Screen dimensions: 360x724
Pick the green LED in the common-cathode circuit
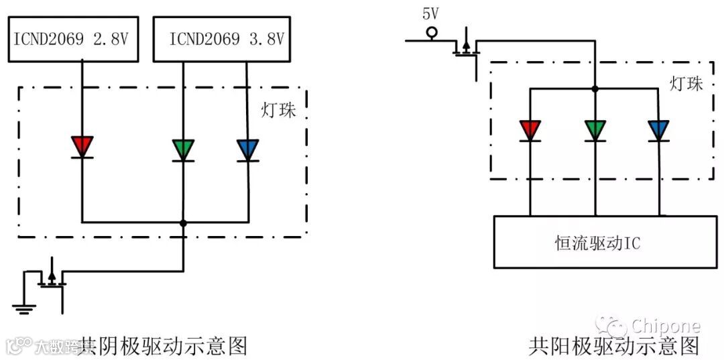[x=183, y=149]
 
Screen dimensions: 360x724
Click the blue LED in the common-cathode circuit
[x=247, y=149]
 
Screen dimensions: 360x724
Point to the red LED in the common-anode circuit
[x=530, y=130]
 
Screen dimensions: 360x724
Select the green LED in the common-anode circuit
[x=595, y=130]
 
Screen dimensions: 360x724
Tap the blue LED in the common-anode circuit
[x=658, y=130]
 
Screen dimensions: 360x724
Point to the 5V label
[x=430, y=13]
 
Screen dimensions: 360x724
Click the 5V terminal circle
[x=432, y=32]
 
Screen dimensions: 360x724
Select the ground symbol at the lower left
[x=23, y=308]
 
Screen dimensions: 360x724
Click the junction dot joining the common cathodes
[x=183, y=223]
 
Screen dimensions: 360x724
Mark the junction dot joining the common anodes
[x=595, y=88]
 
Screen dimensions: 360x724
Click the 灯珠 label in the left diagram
[x=278, y=110]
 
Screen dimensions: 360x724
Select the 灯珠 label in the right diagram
[x=686, y=83]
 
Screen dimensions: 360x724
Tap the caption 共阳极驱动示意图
[x=613, y=345]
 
